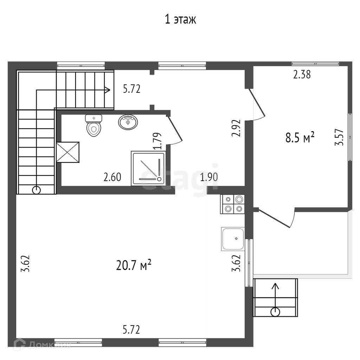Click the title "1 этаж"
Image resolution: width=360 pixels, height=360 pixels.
(180, 19)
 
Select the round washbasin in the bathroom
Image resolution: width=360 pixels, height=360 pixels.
(128, 122)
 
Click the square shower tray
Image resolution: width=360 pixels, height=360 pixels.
(148, 168)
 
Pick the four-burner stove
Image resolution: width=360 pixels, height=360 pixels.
(232, 204)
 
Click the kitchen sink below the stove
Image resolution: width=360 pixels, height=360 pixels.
(233, 239)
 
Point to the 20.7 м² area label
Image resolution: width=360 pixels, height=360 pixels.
(134, 265)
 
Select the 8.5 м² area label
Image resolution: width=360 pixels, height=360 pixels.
(300, 138)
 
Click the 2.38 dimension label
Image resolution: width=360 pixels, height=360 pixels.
(302, 75)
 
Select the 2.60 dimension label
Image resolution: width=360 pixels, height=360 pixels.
(112, 177)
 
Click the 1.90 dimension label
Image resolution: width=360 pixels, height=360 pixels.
(209, 177)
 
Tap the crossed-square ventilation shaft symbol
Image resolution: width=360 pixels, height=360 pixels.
(68, 152)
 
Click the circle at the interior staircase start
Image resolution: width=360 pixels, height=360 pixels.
(36, 190)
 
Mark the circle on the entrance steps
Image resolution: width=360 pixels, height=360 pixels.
(275, 311)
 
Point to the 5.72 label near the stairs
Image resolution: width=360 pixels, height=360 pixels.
(131, 89)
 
